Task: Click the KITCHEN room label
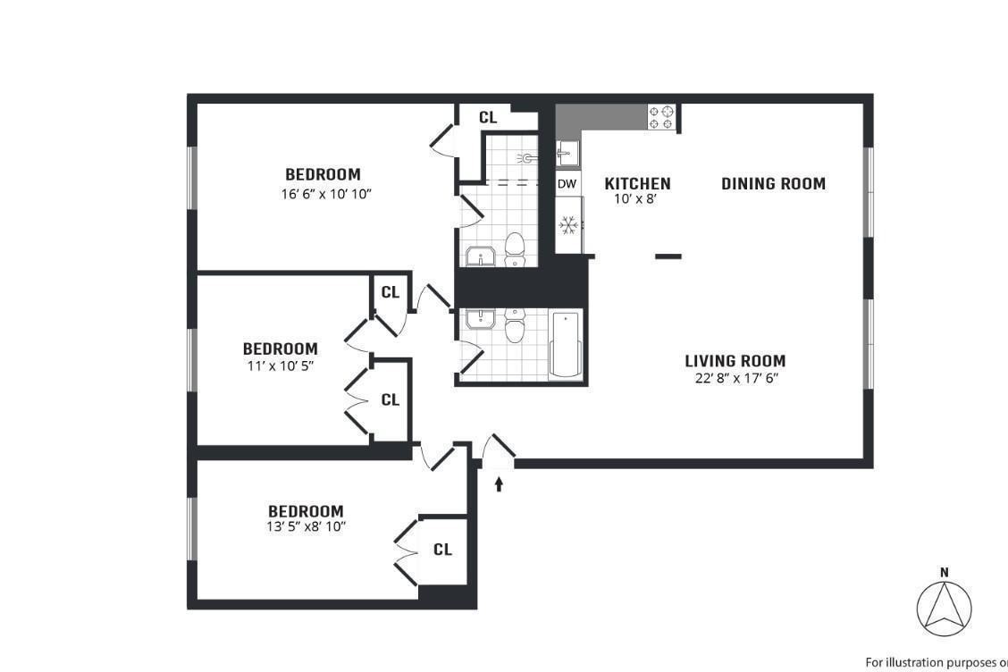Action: point(637,184)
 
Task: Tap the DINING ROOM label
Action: point(773,184)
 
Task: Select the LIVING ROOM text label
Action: point(735,361)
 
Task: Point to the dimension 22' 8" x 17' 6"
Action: point(735,378)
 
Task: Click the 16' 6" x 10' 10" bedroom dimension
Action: point(323,192)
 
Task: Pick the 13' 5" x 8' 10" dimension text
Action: point(307,526)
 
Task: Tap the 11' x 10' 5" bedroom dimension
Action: point(280,365)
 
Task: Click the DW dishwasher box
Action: point(567,184)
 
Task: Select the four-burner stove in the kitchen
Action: point(661,118)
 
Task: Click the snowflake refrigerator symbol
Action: point(567,225)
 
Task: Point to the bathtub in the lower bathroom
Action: point(565,345)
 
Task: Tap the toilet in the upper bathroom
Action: point(515,249)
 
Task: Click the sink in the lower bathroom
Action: point(480,320)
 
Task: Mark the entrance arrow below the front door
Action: point(499,483)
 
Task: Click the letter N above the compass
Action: point(944,572)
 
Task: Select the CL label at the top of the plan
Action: point(488,117)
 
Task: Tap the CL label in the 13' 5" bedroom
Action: point(442,550)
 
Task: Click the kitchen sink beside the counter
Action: point(566,154)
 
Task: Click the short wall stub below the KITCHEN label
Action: point(668,256)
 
